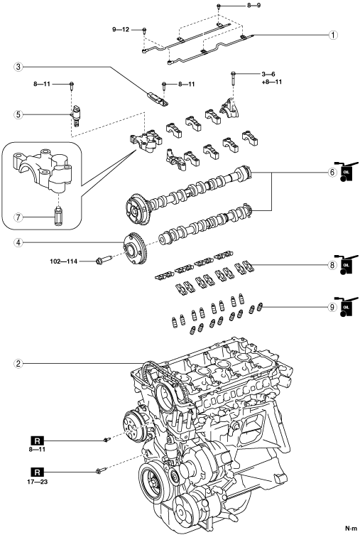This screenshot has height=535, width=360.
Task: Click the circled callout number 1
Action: (x=333, y=35)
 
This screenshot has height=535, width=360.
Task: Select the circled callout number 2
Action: (x=18, y=364)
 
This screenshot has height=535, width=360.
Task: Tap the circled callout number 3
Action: (x=18, y=67)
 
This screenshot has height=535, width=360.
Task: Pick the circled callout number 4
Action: (x=18, y=243)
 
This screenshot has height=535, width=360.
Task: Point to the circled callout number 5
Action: (x=18, y=114)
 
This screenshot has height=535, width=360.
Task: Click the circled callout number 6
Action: (x=332, y=173)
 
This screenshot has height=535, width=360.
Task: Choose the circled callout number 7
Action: (x=18, y=217)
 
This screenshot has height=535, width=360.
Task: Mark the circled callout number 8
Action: (x=332, y=265)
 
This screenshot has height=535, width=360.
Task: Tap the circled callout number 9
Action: (x=332, y=308)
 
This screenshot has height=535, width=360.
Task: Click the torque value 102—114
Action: (x=63, y=261)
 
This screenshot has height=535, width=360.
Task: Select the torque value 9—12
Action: (x=121, y=30)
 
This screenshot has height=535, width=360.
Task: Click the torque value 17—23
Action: (x=38, y=482)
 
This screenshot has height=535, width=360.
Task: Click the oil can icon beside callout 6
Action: (x=346, y=173)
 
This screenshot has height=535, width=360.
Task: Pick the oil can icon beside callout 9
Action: (x=346, y=308)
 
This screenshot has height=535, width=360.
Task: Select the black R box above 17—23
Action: (x=38, y=472)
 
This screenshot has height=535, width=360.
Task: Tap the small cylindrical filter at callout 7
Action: (x=58, y=216)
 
